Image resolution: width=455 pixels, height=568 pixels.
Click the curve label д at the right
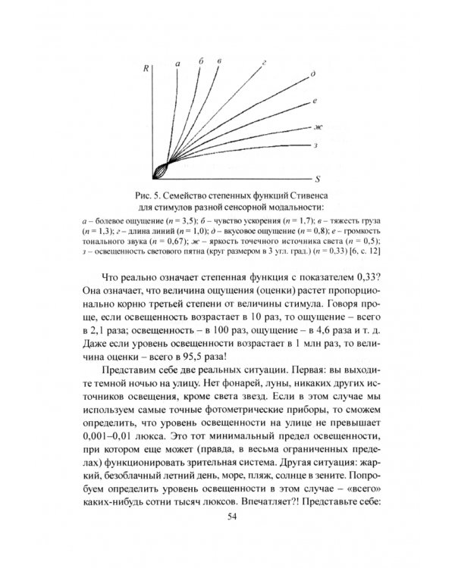pos(313,75)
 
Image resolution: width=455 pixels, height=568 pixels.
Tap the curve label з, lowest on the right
pos(312,143)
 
